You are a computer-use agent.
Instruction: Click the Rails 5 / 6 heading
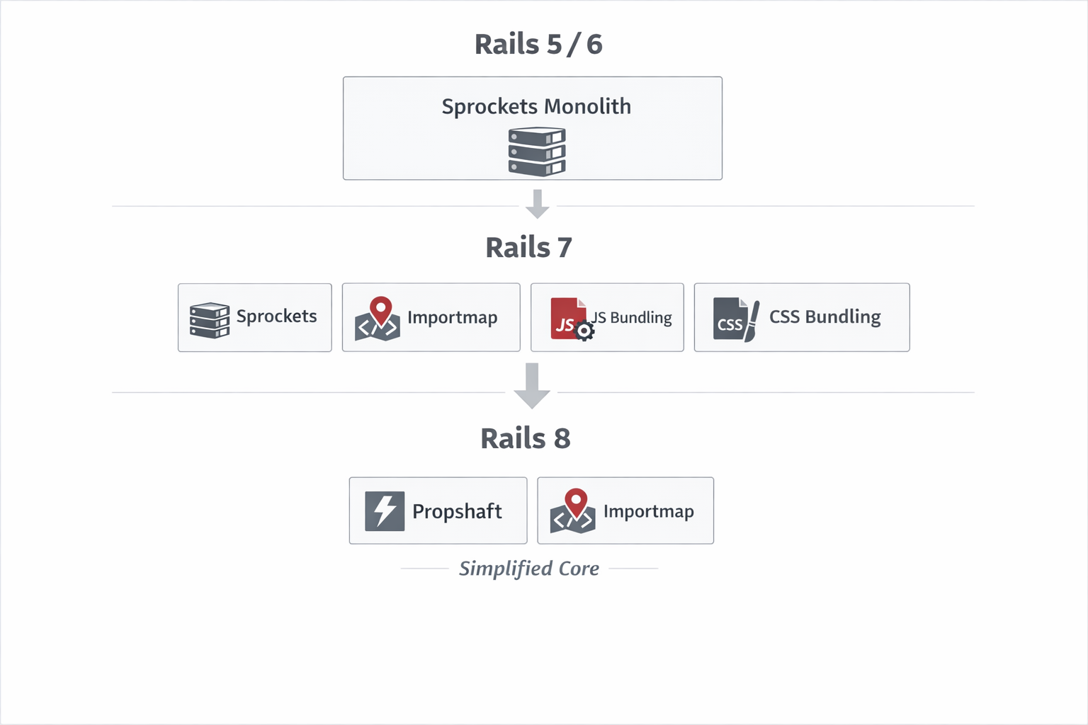pos(538,44)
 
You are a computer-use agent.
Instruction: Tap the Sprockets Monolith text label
pos(536,106)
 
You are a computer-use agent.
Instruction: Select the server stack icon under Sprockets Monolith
pos(537,151)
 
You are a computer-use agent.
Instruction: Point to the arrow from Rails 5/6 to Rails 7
pos(538,204)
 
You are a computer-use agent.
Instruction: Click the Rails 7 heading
pos(528,247)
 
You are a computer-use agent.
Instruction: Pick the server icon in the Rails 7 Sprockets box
pos(210,320)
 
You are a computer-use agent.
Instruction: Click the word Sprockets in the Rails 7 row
pos(276,316)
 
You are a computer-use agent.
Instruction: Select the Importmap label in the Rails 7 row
pos(452,317)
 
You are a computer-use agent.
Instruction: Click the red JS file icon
pos(567,318)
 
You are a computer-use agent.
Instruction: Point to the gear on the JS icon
pos(584,331)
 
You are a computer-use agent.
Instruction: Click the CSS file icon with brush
pos(735,319)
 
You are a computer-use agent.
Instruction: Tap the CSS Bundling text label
pos(824,316)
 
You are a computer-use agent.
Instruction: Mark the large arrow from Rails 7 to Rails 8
pos(532,385)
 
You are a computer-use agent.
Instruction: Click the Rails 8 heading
pos(525,438)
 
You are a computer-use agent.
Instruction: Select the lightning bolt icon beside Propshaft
pos(385,510)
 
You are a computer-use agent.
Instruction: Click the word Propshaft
pos(457,511)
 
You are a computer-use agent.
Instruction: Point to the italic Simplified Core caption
pos(528,569)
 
